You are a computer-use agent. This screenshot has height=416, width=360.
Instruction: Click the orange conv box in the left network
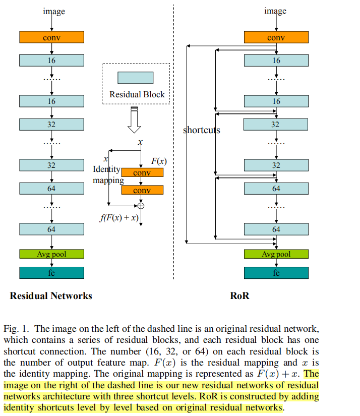coord(51,37)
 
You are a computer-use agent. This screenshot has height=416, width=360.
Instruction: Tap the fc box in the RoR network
coord(276,273)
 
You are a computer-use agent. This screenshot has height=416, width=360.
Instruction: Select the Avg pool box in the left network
coord(51,254)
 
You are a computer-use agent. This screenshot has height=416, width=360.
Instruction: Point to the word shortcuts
coord(202,130)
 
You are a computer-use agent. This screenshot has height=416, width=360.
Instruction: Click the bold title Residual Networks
coord(51,296)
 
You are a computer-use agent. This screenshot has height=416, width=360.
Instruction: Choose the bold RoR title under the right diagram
coord(239,296)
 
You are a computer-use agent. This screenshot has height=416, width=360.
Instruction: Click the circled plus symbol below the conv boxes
coord(141,206)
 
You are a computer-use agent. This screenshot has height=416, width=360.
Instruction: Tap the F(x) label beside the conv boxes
coord(159,161)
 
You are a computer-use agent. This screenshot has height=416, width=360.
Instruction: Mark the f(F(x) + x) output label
coord(119,218)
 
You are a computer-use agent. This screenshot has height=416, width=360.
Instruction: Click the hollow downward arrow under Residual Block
coord(134,119)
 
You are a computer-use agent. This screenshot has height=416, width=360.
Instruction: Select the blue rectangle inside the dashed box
coord(135,78)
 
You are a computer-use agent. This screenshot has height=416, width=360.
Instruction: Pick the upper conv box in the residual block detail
coord(142,172)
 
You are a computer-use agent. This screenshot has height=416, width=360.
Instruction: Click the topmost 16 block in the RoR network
coord(276,60)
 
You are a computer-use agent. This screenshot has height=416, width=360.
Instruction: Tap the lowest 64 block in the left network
coord(51,229)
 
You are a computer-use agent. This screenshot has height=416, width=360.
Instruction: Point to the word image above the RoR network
coord(275,11)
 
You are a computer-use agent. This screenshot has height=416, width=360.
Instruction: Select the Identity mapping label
coord(107,174)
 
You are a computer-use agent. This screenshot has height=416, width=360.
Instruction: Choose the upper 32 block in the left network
coord(51,124)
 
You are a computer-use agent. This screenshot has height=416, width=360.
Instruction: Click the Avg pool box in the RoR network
coord(276,254)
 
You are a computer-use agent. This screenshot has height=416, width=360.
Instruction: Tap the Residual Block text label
coord(137,94)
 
